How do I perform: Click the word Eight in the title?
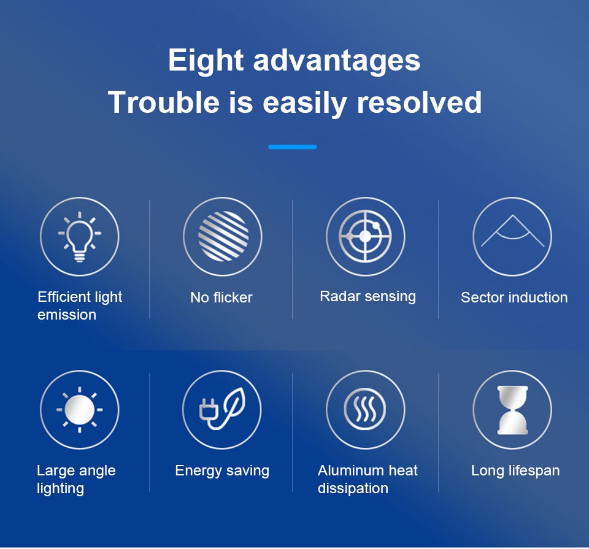point(206,61)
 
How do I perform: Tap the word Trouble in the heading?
point(164,102)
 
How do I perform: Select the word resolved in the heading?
point(419,102)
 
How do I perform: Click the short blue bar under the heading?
point(293,147)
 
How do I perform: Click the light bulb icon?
point(80,236)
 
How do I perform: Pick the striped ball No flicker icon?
point(223,236)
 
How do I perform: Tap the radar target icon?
point(365,236)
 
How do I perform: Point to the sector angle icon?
point(512,230)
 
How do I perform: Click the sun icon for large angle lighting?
point(80,410)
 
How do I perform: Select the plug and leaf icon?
point(222,409)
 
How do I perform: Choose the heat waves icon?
point(365,409)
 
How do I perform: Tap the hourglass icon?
point(512,410)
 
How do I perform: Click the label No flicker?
point(221,298)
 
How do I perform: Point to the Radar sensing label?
point(368,297)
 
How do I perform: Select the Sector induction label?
point(514,298)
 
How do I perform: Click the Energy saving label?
point(222,471)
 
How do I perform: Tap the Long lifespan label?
point(515,471)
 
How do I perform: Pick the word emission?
point(67,315)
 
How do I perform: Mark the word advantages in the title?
point(337,61)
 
